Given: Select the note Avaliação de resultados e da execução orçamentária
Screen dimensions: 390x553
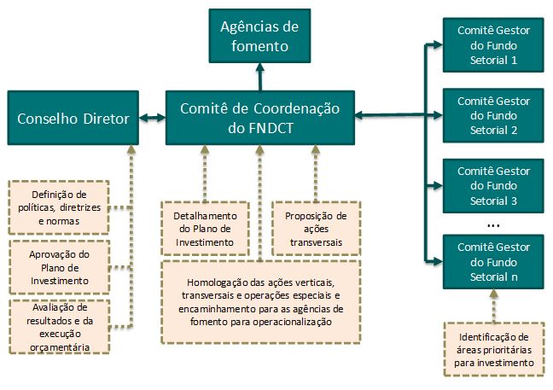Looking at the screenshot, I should [x=60, y=326].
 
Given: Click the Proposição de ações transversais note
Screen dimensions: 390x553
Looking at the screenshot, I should [x=316, y=228].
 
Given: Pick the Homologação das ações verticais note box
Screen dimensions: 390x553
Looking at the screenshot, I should [x=259, y=301].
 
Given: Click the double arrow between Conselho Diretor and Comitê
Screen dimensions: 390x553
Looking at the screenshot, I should [x=152, y=119].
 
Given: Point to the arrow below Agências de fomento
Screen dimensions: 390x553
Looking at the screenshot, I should [x=259, y=78].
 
